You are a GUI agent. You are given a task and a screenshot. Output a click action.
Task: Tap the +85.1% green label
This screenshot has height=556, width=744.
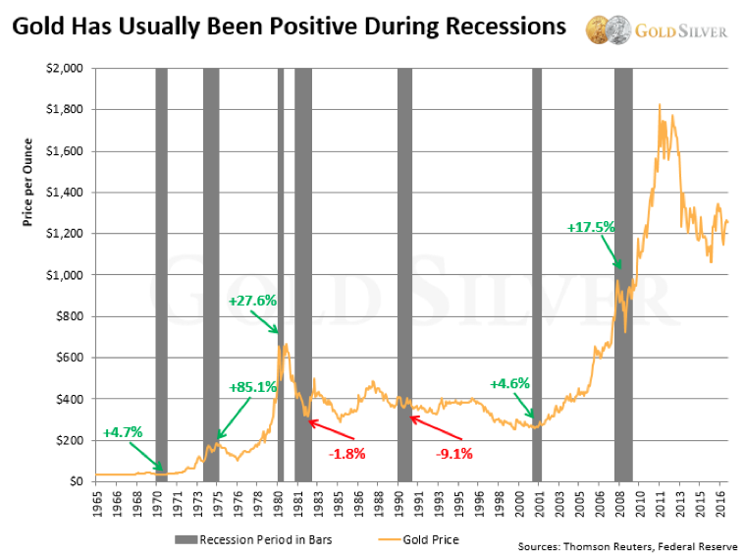coord(252,387)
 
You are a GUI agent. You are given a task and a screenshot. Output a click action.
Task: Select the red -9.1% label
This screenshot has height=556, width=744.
coord(455,453)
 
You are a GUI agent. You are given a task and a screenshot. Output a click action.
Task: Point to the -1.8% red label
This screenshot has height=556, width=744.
coord(347,453)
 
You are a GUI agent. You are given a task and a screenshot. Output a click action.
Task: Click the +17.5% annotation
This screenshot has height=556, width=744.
coord(591,227)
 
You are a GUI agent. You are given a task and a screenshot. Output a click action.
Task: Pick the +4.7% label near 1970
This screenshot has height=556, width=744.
coord(123,432)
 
